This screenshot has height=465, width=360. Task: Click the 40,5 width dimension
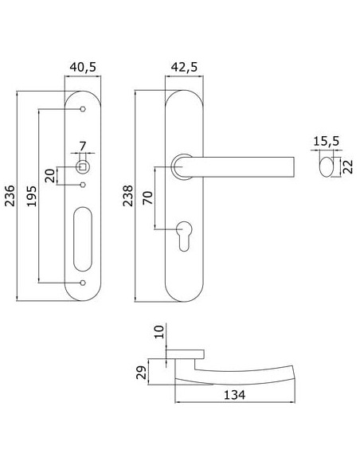pos(83,68)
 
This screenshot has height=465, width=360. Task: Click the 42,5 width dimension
pos(184,68)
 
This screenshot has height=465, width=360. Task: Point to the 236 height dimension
pos(10,195)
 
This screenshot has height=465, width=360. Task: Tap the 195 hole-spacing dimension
pos(31,196)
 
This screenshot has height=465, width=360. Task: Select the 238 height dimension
pos(128,196)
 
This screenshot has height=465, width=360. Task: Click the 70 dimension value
pos(147,197)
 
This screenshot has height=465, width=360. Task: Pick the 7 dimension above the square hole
pos(83,146)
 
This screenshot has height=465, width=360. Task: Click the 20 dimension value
pos(50,175)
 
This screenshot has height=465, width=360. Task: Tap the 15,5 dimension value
pos(327,141)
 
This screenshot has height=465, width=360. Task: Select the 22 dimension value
pos(348,166)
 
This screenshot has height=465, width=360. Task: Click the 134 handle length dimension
pos(234,395)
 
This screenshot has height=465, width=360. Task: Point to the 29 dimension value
pos(141,373)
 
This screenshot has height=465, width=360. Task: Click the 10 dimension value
pos(159,332)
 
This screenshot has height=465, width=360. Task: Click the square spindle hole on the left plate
pos(83,167)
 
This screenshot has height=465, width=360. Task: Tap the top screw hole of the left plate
pos(83,109)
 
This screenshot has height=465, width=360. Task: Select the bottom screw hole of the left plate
pos(83,283)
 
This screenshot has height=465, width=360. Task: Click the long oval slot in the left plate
pos(83,239)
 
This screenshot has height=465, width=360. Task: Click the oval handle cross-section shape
pos(327,167)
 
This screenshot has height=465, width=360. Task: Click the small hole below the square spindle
pos(83,185)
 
